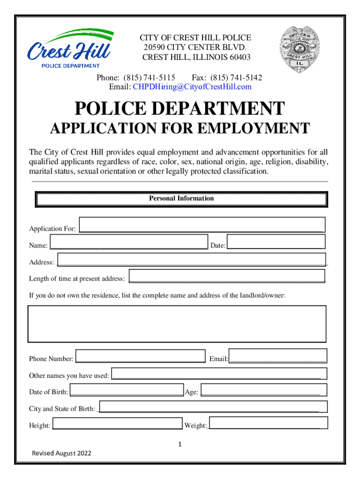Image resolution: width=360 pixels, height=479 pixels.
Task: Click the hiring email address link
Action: coord(192,87)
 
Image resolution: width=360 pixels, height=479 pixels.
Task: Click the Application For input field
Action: coord(202,225)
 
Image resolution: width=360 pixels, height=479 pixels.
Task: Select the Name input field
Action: coord(129,243)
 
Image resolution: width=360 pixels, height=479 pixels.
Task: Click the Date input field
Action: coord(276,242)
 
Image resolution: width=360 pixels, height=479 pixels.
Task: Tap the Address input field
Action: coord(191,260)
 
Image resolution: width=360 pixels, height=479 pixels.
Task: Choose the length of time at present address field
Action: coord(227,276)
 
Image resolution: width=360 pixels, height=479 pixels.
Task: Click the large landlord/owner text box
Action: coord(177,323)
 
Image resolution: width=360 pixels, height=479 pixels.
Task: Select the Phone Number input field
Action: coord(140,356)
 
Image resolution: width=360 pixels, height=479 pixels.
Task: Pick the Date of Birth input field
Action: coord(126,390)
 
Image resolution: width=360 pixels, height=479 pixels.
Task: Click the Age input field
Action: coord(264,390)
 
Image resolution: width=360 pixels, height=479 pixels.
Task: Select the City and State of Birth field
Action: coord(213,406)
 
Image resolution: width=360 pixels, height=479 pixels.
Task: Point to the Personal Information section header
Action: coord(181,199)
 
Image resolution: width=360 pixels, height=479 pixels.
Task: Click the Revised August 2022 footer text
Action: coord(61,453)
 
